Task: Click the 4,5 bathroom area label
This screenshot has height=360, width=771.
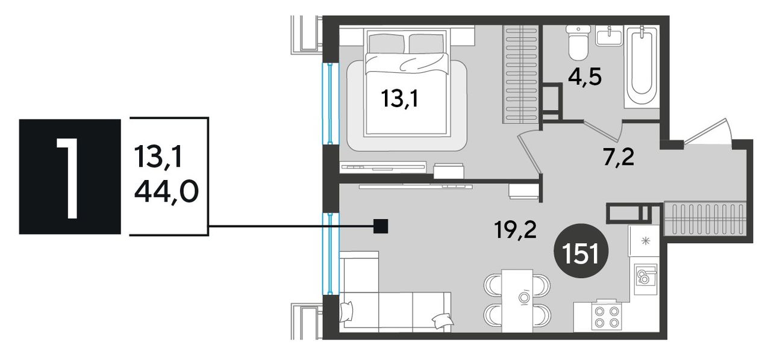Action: [585, 77]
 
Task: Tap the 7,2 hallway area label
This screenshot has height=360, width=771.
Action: [619, 158]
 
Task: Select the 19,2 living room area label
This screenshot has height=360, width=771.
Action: [515, 229]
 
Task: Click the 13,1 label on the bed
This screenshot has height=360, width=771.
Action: [399, 99]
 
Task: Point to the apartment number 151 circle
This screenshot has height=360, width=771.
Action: [581, 250]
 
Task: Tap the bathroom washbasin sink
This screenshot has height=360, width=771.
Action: [609, 36]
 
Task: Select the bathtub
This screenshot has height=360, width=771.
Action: [641, 66]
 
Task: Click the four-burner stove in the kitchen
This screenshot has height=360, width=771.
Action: [607, 317]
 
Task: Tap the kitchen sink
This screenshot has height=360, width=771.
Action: [646, 279]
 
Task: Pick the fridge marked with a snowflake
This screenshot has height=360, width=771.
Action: [644, 241]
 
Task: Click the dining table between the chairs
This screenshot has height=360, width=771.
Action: [517, 300]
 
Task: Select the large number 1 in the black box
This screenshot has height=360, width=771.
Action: [68, 178]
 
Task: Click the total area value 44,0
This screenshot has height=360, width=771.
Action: [166, 191]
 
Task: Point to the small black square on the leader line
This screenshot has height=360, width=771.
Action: [381, 226]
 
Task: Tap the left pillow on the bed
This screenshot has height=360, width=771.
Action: [386, 44]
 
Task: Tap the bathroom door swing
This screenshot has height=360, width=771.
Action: [603, 129]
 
